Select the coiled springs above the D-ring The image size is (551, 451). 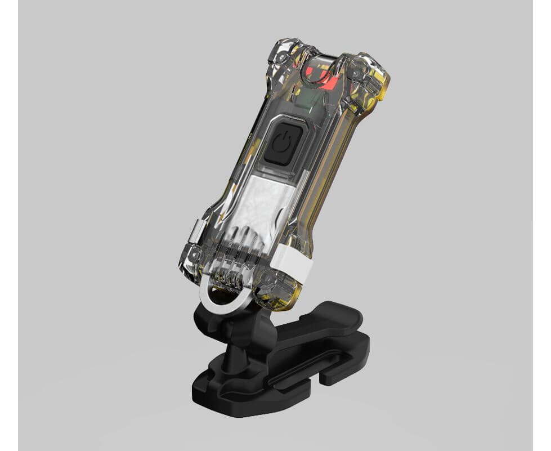[x=236, y=265]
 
